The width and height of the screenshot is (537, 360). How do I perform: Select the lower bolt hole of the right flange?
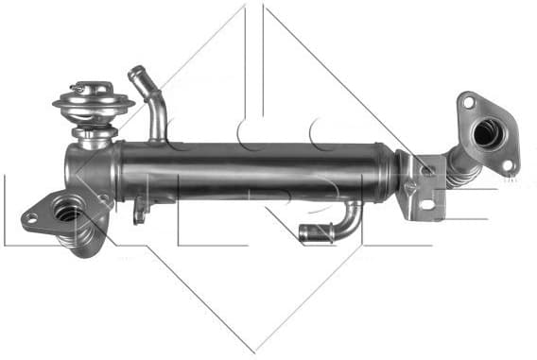(507, 164)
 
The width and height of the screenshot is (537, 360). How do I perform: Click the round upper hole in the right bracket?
(427, 171)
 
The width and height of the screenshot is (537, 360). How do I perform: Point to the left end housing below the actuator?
(87, 168)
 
